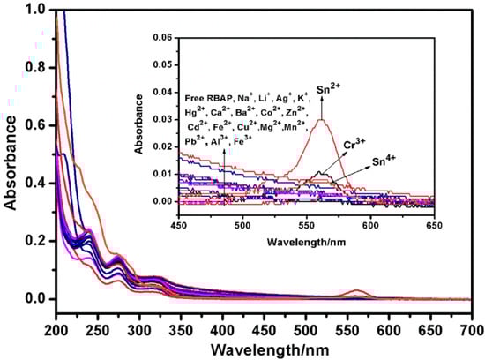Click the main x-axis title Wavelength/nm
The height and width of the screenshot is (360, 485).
(264, 349)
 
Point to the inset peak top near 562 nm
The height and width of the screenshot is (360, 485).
(322, 121)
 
